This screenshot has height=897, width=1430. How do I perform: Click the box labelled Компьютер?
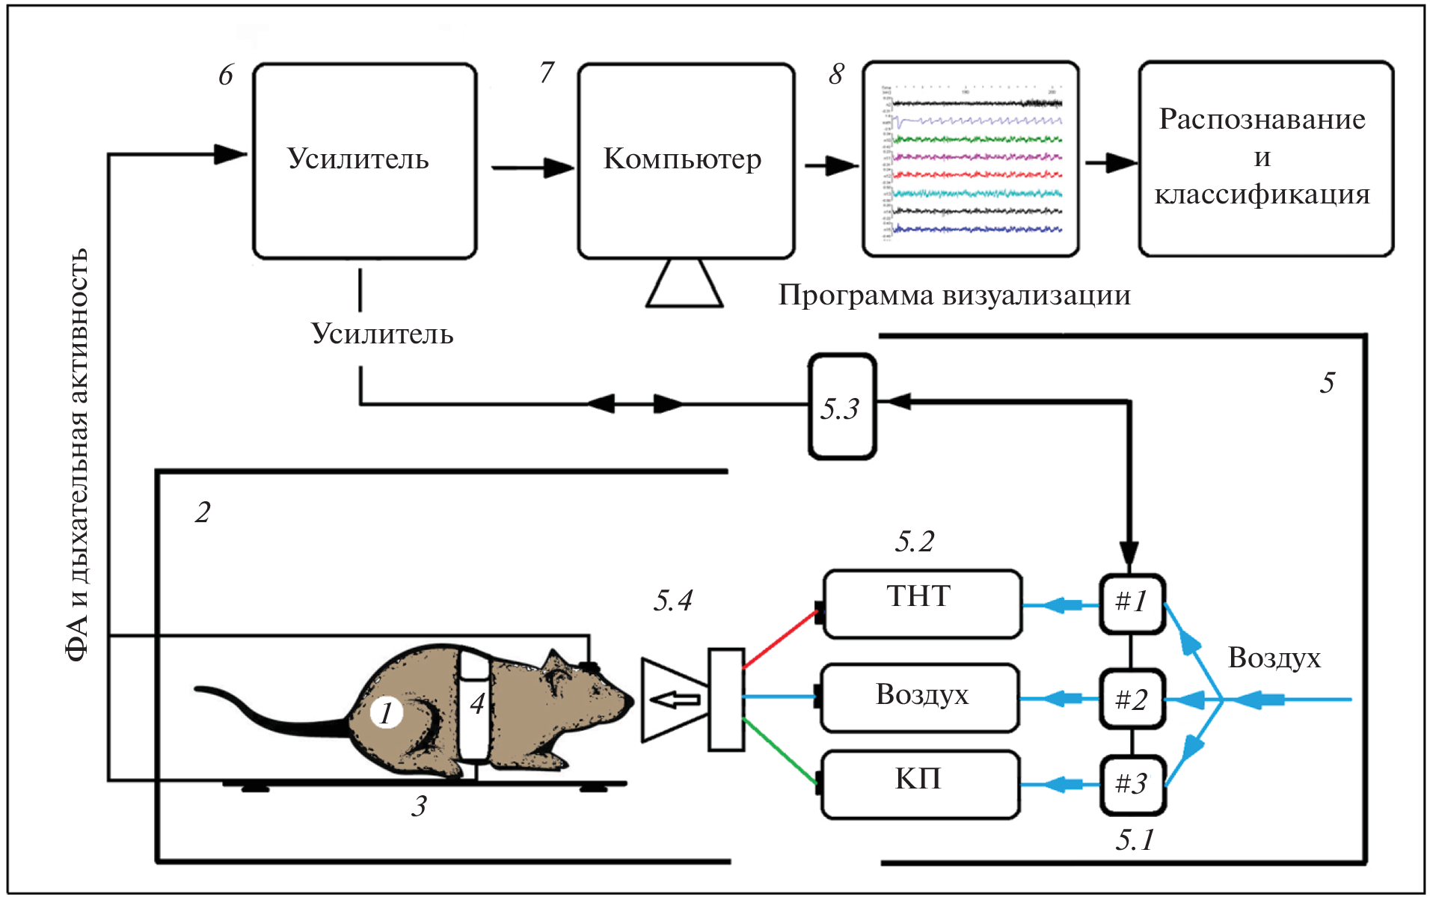pyautogui.click(x=685, y=161)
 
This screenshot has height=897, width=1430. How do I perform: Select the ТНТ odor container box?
pyautogui.click(x=922, y=604)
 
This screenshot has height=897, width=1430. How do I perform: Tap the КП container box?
pyautogui.click(x=920, y=784)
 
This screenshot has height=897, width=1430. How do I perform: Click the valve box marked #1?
pyautogui.click(x=1132, y=603)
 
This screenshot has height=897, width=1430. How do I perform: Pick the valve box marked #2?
pyautogui.click(x=1132, y=699)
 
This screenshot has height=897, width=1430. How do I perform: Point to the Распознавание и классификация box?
pyautogui.click(x=1265, y=159)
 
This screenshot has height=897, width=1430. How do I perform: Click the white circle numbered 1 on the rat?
pyautogui.click(x=386, y=713)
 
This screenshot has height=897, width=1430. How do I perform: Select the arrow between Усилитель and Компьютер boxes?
pyautogui.click(x=532, y=167)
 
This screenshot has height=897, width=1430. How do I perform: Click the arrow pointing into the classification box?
pyautogui.click(x=1110, y=162)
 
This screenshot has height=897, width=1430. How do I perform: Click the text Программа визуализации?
pyautogui.click(x=954, y=296)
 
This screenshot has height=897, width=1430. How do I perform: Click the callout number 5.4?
pyautogui.click(x=672, y=601)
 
